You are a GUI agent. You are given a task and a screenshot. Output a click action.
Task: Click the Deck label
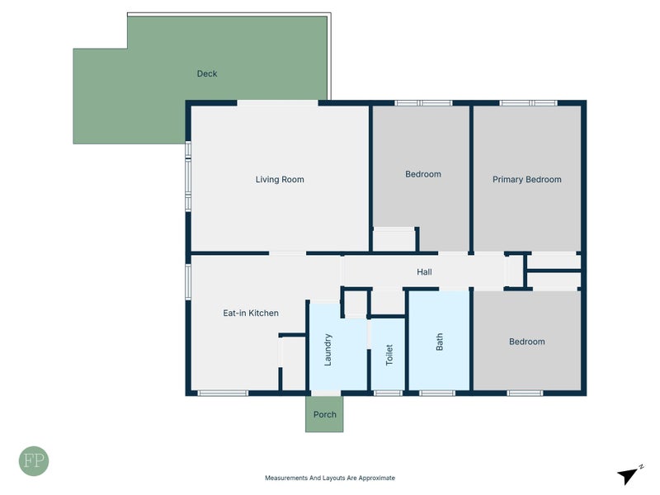tap(207, 73)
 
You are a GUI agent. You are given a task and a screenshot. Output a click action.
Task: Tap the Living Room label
tap(280, 179)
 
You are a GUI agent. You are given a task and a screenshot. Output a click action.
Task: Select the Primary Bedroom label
tap(526, 179)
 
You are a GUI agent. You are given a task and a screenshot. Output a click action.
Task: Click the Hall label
tap(424, 272)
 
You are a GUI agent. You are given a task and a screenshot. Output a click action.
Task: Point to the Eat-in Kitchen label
tap(251, 313)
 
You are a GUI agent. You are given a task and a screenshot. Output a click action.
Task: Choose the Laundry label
tap(328, 350)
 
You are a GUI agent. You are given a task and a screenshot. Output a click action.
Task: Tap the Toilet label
tap(389, 355)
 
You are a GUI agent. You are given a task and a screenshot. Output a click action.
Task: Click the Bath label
tap(440, 342)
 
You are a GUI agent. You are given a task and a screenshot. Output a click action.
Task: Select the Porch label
tap(324, 415)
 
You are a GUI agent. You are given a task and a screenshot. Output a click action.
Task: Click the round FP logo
tap(34, 461)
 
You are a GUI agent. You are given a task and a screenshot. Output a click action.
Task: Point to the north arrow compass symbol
tap(629, 474)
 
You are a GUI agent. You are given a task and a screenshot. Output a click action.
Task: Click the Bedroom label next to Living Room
tap(423, 174)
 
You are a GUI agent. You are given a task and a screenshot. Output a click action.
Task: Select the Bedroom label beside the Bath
tap(526, 342)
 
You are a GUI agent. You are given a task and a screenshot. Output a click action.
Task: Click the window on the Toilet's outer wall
tap(388, 394)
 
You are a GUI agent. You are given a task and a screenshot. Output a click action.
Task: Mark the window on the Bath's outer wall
tap(437, 394)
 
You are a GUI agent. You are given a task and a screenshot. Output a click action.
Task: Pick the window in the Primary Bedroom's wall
tap(528, 103)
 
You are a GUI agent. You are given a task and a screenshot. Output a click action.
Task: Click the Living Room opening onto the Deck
tap(277, 103)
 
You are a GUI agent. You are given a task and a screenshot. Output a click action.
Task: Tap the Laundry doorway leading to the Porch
tap(325, 394)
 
